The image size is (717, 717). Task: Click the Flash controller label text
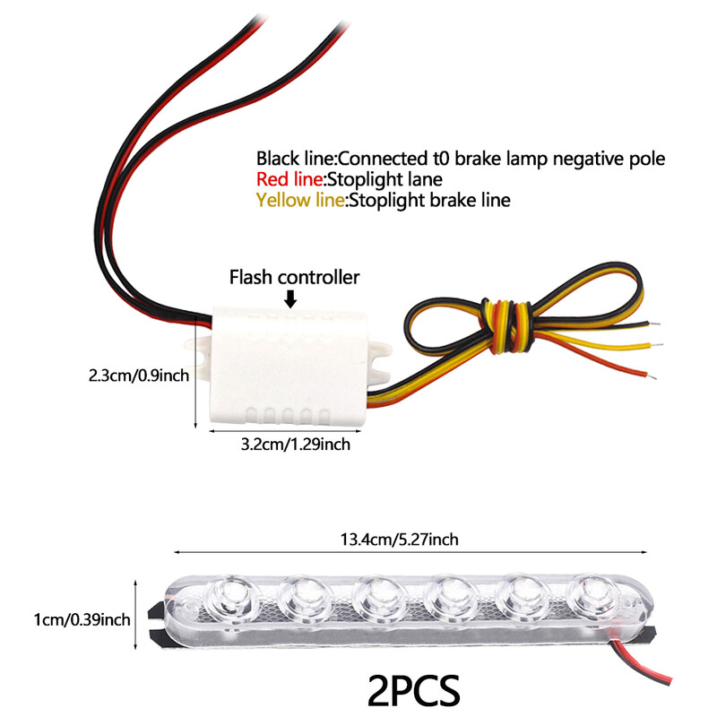pos(295,277)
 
